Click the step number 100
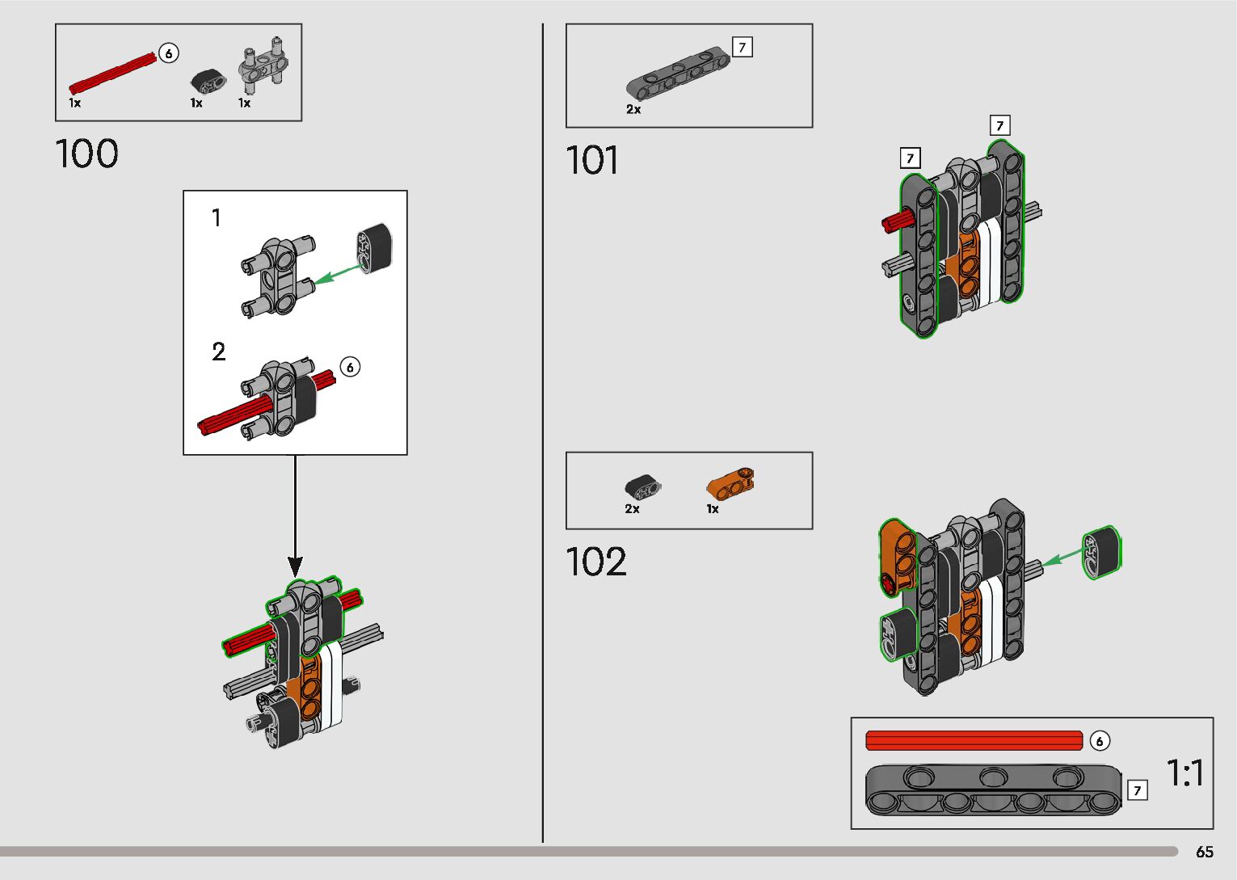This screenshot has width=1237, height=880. coord(86,154)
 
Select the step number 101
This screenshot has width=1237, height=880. coord(592,159)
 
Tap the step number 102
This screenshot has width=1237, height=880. coord(596,562)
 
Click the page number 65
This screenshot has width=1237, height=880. coord(1204,852)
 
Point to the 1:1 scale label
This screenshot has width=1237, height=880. coord(1185,773)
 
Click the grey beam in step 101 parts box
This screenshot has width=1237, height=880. coord(677,74)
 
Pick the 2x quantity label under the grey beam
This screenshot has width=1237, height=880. coord(633,109)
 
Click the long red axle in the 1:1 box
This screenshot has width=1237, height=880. coord(974,740)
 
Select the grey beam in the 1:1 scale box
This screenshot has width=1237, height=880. coord(995,790)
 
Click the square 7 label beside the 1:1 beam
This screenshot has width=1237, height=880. coord(1137,790)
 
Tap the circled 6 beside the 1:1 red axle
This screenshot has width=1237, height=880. coord(1100,740)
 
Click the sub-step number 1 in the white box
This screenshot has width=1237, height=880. coord(216,217)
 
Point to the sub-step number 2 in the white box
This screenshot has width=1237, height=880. coord(219,352)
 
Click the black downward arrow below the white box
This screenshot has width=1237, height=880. coord(296,517)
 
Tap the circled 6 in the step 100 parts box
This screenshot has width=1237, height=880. coord(168,53)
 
